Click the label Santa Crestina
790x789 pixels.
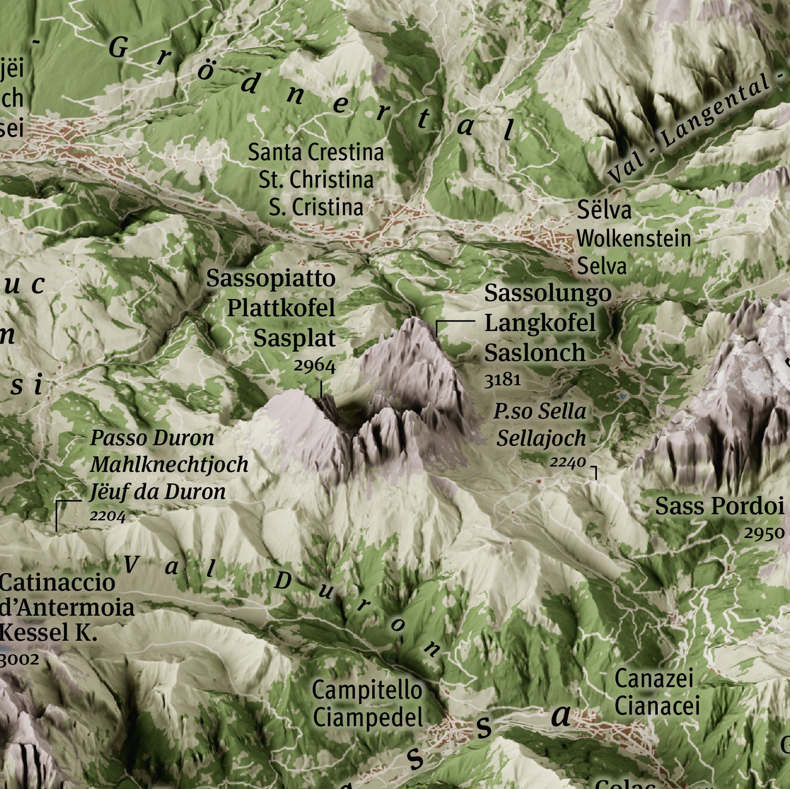pyautogui.click(x=316, y=153)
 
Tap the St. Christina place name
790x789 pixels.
pyautogui.click(x=316, y=180)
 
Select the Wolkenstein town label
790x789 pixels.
pyautogui.click(x=634, y=238)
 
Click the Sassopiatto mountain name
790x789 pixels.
pyautogui.click(x=271, y=278)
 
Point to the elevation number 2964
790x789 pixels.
pyautogui.click(x=314, y=366)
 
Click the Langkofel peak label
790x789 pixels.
pyautogui.click(x=540, y=323)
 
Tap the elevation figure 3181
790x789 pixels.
pyautogui.click(x=502, y=379)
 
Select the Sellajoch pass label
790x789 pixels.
pyautogui.click(x=541, y=439)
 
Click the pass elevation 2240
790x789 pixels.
pyautogui.click(x=567, y=463)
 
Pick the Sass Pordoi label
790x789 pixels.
pyautogui.click(x=719, y=506)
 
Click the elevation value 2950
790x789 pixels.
pyautogui.click(x=764, y=533)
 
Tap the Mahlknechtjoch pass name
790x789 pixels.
pyautogui.click(x=169, y=465)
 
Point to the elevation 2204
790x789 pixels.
pyautogui.click(x=108, y=516)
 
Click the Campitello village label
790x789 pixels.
pyautogui.click(x=367, y=690)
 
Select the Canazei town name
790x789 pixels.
pyautogui.click(x=654, y=679)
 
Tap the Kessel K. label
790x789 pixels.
pyautogui.click(x=49, y=633)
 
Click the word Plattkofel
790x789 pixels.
pyautogui.click(x=281, y=308)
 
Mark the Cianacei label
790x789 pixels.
pyautogui.click(x=657, y=706)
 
